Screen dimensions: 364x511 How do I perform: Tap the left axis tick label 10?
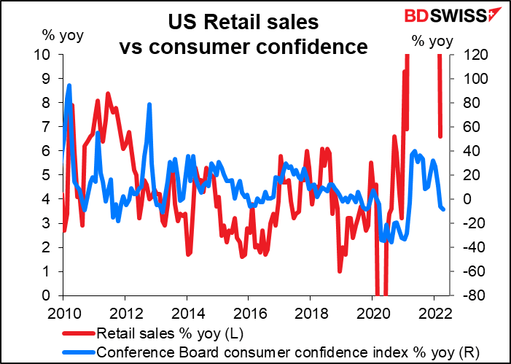click(44, 55)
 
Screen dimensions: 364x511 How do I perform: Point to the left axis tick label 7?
click(47, 127)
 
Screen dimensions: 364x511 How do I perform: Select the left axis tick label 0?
click(47, 295)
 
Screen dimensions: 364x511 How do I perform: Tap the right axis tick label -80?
click(464, 295)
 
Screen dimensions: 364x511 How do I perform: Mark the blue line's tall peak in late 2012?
click(149, 104)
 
